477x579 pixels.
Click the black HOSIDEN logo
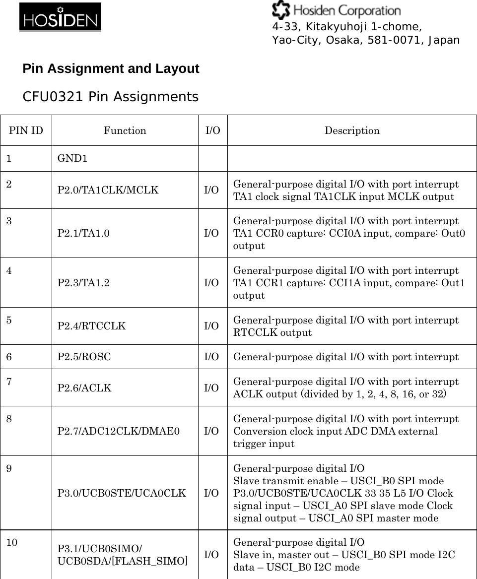(x=60, y=18)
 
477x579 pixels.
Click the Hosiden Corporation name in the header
(x=337, y=10)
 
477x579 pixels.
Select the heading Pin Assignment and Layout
(x=111, y=69)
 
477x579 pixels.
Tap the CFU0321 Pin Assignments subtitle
(x=110, y=97)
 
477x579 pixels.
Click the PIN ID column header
(x=26, y=130)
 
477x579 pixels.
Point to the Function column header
(x=125, y=130)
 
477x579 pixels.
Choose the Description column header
(x=352, y=130)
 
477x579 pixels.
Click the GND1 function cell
(x=72, y=159)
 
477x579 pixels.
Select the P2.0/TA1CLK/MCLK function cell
(x=108, y=190)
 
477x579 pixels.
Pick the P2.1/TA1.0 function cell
(x=84, y=233)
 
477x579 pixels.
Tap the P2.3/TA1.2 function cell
(x=84, y=283)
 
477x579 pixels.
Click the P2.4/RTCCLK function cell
(x=92, y=326)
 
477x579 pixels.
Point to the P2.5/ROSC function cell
(x=84, y=357)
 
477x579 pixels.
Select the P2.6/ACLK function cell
(x=84, y=388)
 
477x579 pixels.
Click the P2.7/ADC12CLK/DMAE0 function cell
(x=119, y=431)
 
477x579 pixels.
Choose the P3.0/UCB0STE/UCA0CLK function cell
(x=122, y=493)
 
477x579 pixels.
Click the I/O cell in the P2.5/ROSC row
(x=212, y=357)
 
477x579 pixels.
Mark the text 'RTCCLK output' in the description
(x=273, y=333)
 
